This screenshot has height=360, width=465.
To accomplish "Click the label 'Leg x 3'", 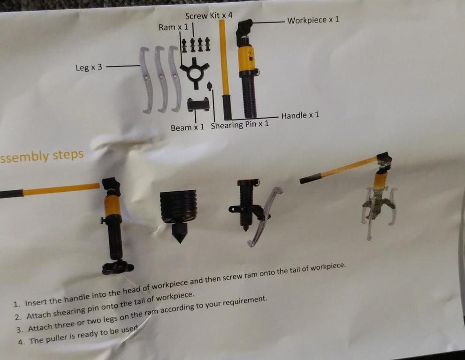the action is click(89, 67).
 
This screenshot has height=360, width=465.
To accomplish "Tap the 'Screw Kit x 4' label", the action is click(209, 16).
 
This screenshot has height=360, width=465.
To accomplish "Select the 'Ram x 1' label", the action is click(173, 27).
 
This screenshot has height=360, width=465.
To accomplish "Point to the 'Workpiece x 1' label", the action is click(313, 20).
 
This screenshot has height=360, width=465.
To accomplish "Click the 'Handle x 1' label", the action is click(300, 115).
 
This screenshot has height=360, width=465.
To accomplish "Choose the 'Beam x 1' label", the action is click(187, 127).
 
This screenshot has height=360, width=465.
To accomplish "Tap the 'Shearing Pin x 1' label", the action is click(240, 125).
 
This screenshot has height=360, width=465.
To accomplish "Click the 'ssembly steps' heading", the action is click(42, 156).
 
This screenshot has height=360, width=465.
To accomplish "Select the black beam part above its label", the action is click(198, 105).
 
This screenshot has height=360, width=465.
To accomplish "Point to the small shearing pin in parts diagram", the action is click(210, 86).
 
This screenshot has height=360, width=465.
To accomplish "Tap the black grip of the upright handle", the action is click(227, 107).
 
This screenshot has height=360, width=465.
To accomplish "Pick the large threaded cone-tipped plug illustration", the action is click(178, 214).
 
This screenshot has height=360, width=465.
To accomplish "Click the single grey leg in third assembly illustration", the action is click(265, 215).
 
